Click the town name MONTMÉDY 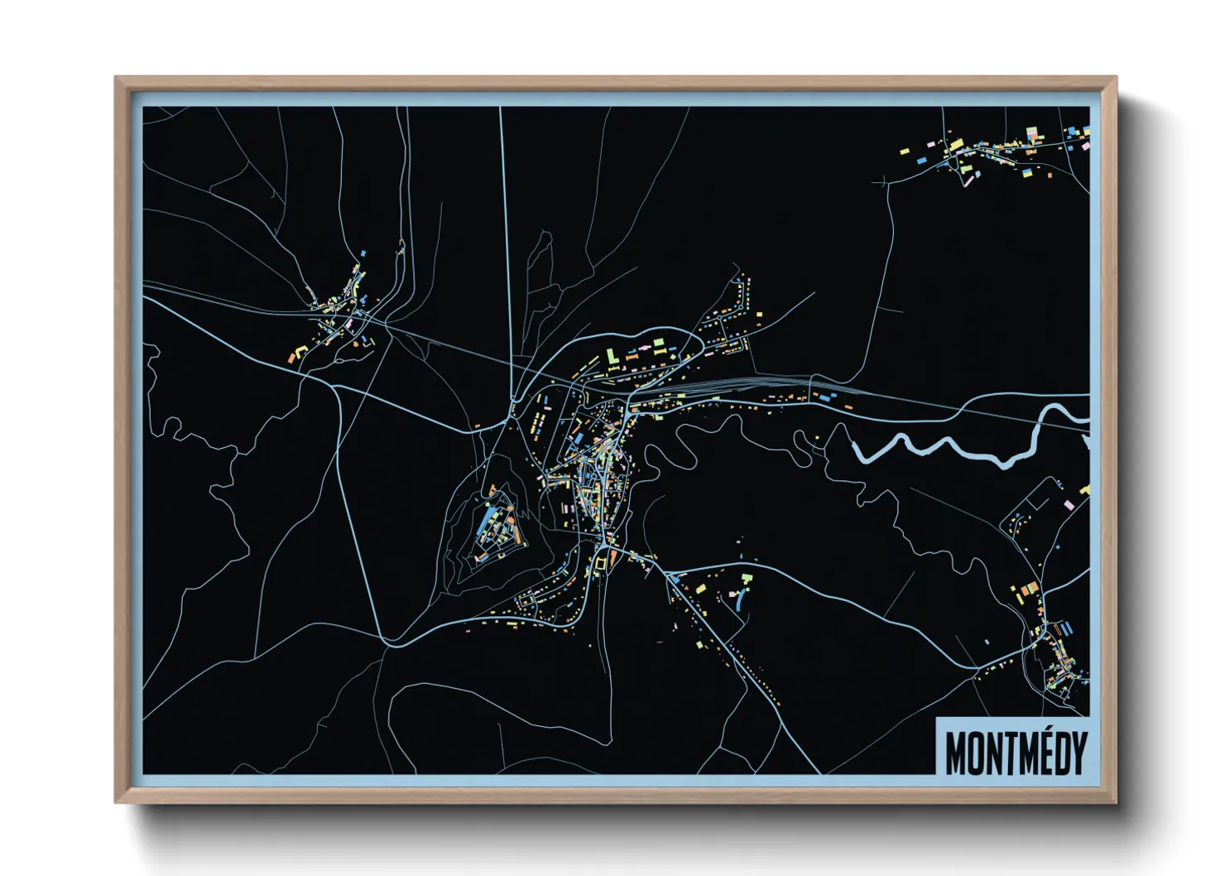coord(1015,752)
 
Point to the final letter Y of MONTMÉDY coord(1076,752)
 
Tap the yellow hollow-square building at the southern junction coord(602,563)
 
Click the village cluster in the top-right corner coord(993,153)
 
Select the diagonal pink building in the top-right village coord(964,170)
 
